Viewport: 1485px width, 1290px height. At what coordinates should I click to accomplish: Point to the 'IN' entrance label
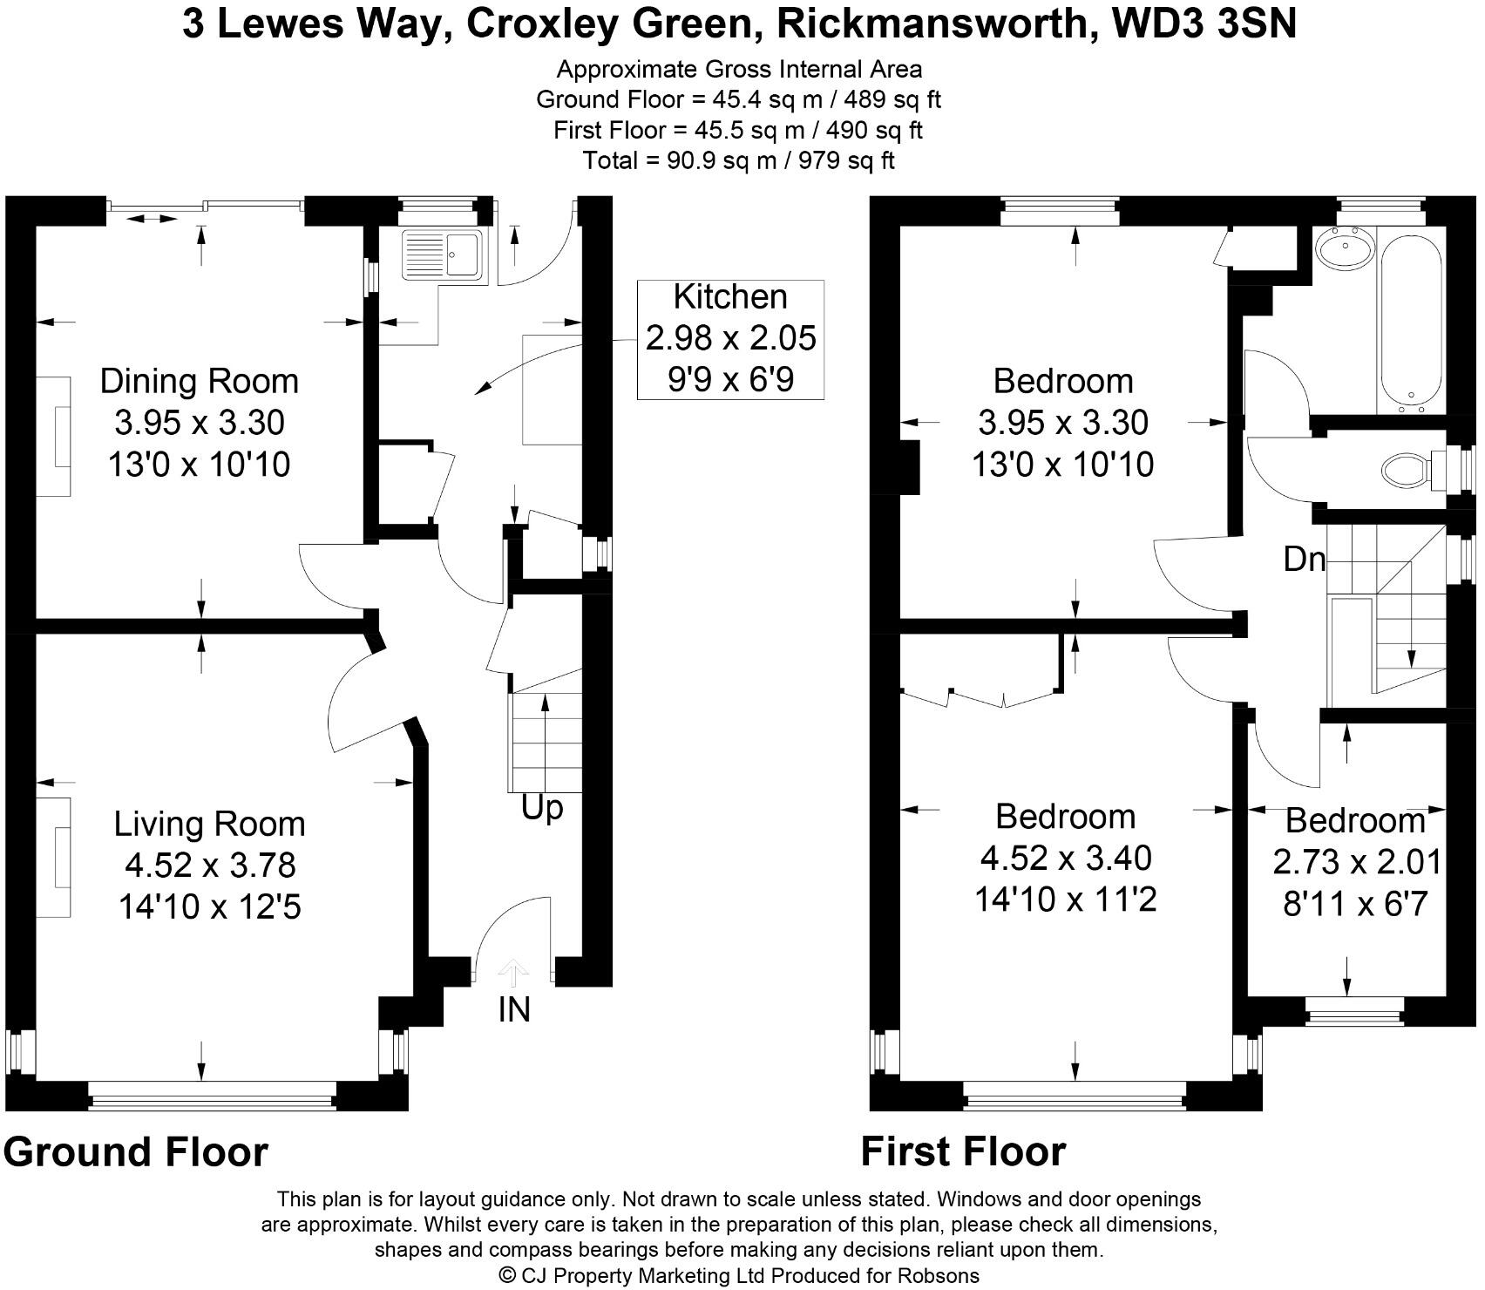click(x=514, y=1009)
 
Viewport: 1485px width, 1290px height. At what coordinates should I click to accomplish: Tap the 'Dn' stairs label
click(x=1304, y=559)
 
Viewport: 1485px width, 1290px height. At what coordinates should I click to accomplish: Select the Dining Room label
click(x=199, y=381)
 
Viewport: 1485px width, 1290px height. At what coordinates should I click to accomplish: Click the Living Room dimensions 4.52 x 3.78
click(x=210, y=866)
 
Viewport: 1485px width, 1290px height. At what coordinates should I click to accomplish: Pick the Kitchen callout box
click(x=730, y=339)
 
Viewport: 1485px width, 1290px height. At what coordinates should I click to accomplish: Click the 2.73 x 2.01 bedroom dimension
click(x=1357, y=862)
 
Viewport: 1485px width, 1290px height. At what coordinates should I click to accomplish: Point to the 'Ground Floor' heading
click(x=136, y=1151)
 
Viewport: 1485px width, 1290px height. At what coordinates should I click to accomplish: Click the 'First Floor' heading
click(x=963, y=1151)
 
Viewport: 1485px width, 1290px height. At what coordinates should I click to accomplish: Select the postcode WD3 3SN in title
click(x=1204, y=24)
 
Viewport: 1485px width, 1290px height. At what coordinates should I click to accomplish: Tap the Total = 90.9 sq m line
click(x=739, y=160)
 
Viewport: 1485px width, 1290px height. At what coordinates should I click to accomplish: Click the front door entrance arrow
click(x=513, y=970)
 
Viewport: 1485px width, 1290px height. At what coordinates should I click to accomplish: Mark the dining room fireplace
click(x=54, y=436)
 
